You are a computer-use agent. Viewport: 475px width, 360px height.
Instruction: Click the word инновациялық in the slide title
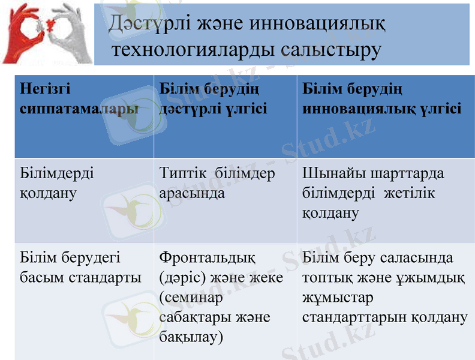point(317,23)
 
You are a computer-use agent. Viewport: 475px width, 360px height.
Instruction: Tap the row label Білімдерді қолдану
point(57,183)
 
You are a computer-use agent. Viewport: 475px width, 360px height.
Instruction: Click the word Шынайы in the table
point(327,173)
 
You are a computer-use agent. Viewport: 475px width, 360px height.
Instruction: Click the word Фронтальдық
point(207,258)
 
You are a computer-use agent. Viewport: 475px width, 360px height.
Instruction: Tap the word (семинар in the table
point(191,298)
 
